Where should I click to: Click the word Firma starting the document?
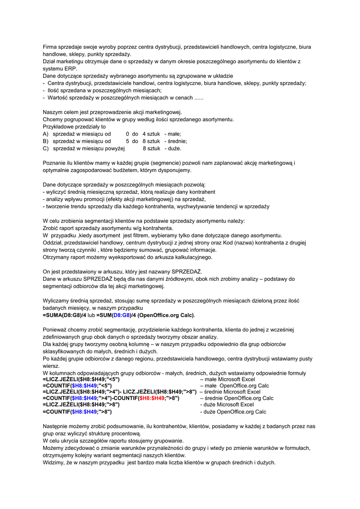click(x=50, y=47)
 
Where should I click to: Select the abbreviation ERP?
click(x=70, y=69)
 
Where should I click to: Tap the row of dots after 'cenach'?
click(x=198, y=97)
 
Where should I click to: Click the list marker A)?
click(x=46, y=134)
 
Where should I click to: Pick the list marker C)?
click(x=46, y=148)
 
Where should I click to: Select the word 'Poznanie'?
click(x=54, y=163)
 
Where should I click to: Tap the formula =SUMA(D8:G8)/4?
click(x=65, y=315)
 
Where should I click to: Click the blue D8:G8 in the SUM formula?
click(x=122, y=315)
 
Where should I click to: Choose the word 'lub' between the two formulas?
click(x=91, y=315)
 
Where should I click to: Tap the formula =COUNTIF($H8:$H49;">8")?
click(x=77, y=412)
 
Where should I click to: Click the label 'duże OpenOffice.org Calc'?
click(x=233, y=412)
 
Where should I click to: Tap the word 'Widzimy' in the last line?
click(x=54, y=462)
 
